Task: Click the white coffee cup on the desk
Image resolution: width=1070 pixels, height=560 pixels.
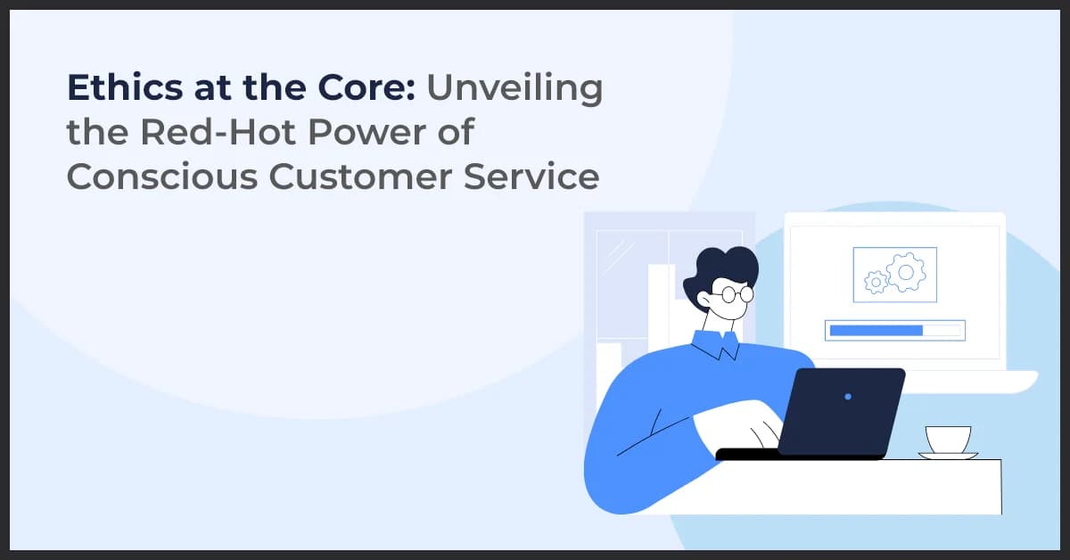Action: (946, 439)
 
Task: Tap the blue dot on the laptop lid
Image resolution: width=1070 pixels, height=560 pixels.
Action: (847, 396)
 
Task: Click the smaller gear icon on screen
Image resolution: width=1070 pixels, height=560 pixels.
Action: (876, 283)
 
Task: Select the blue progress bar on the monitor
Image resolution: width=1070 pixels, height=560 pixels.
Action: (876, 330)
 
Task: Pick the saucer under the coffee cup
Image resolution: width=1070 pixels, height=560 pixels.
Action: (947, 456)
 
